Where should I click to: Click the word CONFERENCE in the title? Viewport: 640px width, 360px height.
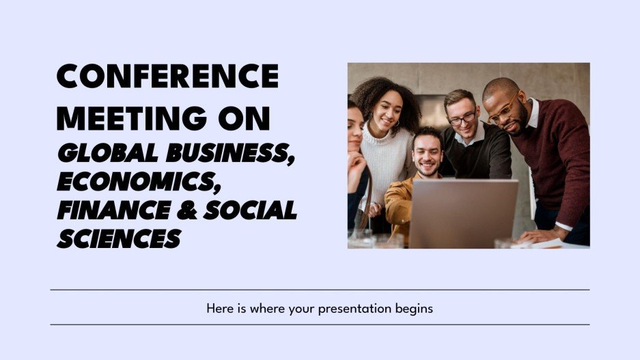click(x=167, y=76)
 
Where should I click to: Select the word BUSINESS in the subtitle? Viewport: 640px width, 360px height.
click(x=226, y=154)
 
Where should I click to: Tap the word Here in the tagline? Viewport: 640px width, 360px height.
click(x=219, y=308)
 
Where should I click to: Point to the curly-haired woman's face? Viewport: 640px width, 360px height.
click(x=386, y=113)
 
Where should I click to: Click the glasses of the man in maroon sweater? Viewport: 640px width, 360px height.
click(x=502, y=109)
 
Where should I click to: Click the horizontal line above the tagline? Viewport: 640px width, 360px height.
click(x=320, y=290)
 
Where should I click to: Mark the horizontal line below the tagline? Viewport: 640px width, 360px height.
click(x=320, y=324)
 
